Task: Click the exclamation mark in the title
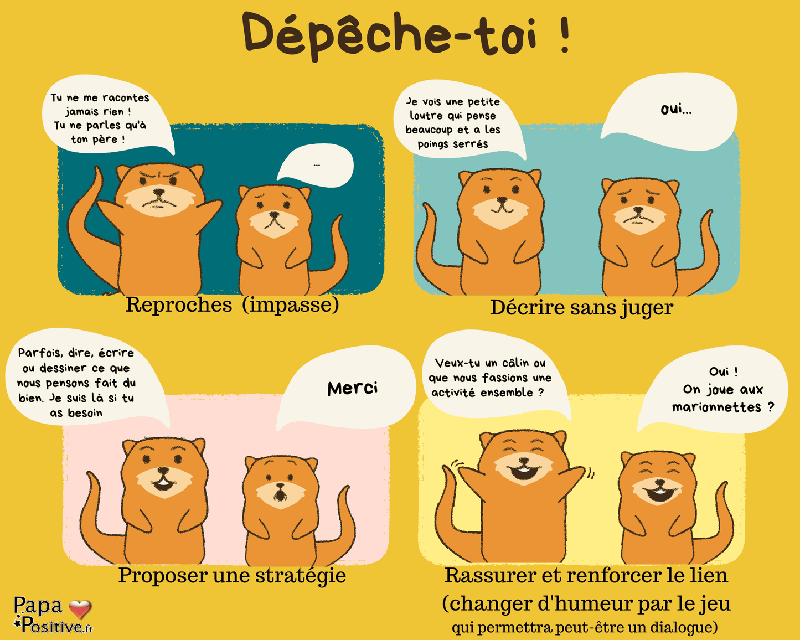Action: point(564,34)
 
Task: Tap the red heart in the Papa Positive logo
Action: point(80,608)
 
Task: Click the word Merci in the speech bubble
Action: point(353,388)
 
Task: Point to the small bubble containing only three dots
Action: point(316,164)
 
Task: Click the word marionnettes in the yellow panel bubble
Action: point(716,407)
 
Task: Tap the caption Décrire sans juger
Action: point(581,307)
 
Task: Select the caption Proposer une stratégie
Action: point(232,576)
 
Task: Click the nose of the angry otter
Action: point(159,193)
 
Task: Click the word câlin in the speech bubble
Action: point(515,363)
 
